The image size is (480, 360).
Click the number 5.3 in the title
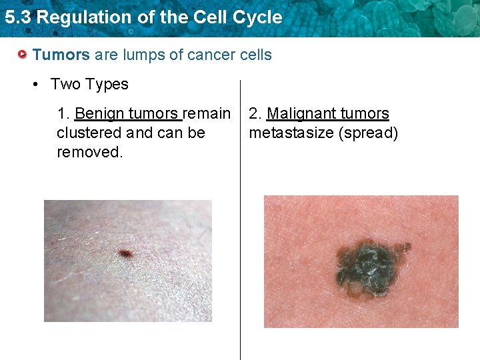coord(17,18)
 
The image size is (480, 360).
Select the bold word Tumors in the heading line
coord(61,55)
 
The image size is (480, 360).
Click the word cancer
coord(209,55)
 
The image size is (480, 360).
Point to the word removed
coord(90,152)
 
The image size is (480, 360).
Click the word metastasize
coord(291,133)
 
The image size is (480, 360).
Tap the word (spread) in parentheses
coord(368,133)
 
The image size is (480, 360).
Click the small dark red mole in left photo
coord(125,253)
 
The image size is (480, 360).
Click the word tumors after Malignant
coord(363,114)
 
